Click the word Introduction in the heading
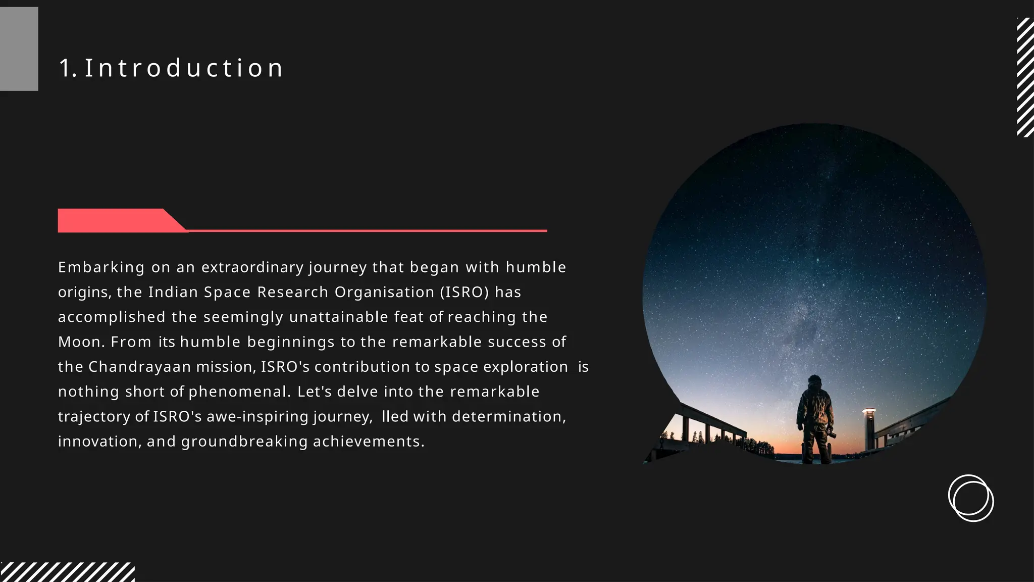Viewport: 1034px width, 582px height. click(x=184, y=68)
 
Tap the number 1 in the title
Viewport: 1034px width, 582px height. click(x=66, y=68)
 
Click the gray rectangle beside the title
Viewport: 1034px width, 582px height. click(x=19, y=49)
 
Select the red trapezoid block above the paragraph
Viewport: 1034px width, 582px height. click(x=116, y=221)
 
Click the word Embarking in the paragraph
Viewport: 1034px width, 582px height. click(x=101, y=267)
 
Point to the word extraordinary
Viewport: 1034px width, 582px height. click(x=252, y=267)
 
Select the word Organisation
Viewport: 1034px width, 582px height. click(x=384, y=292)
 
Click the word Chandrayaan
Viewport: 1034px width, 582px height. click(x=140, y=367)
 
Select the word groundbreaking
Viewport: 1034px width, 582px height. click(x=244, y=442)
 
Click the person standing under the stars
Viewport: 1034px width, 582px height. click(x=815, y=419)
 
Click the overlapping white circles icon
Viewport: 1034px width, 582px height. click(x=971, y=498)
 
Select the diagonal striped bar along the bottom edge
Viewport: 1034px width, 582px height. click(x=67, y=572)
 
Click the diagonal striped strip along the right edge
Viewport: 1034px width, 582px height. click(x=1025, y=77)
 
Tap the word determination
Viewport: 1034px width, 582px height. click(x=509, y=417)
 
